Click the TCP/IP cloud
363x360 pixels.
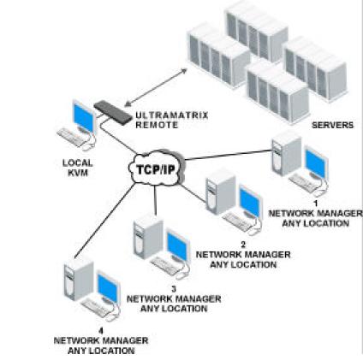point(156,168)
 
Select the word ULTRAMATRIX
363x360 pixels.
point(172,115)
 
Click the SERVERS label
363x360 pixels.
point(332,125)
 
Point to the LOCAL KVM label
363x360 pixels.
point(77,168)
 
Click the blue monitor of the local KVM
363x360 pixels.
point(84,117)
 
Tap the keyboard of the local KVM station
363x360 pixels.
point(71,137)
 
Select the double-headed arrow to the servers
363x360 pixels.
point(156,87)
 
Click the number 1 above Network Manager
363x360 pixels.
point(316,204)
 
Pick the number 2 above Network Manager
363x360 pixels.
point(243,245)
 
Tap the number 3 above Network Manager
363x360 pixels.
point(174,289)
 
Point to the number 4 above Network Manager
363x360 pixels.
point(100,331)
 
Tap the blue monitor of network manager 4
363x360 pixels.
point(108,287)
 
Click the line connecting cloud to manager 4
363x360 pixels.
point(105,221)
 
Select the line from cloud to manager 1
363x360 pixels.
point(228,155)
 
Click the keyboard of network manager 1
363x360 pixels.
point(303,182)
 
